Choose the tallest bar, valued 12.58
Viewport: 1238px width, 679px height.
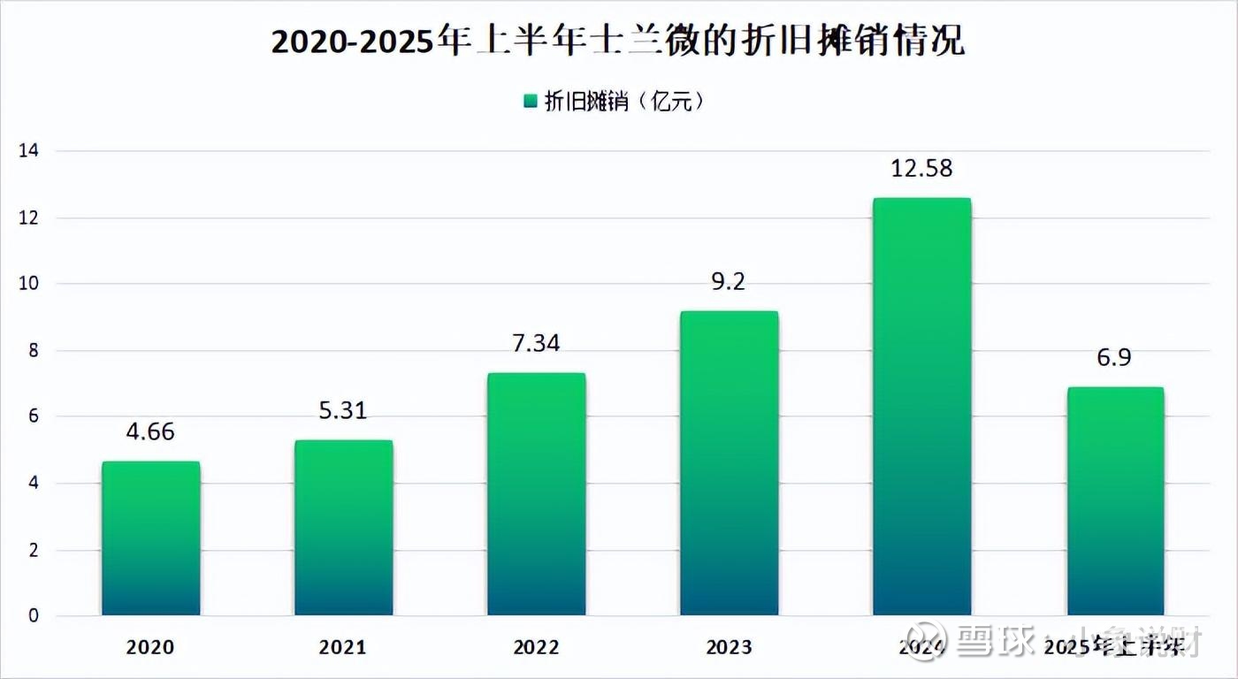921,406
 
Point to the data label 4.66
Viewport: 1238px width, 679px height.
150,431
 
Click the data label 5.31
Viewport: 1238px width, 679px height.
343,410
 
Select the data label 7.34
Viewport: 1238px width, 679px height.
536,343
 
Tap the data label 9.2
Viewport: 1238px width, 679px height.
729,281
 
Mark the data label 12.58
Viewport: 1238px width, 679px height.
921,168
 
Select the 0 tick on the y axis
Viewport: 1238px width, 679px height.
34,616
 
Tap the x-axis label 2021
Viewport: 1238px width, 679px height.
343,647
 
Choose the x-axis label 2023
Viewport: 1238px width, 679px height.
729,647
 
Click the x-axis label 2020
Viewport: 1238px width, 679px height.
150,647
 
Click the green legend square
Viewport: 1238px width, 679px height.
530,102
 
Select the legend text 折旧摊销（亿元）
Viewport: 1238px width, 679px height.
623,102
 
